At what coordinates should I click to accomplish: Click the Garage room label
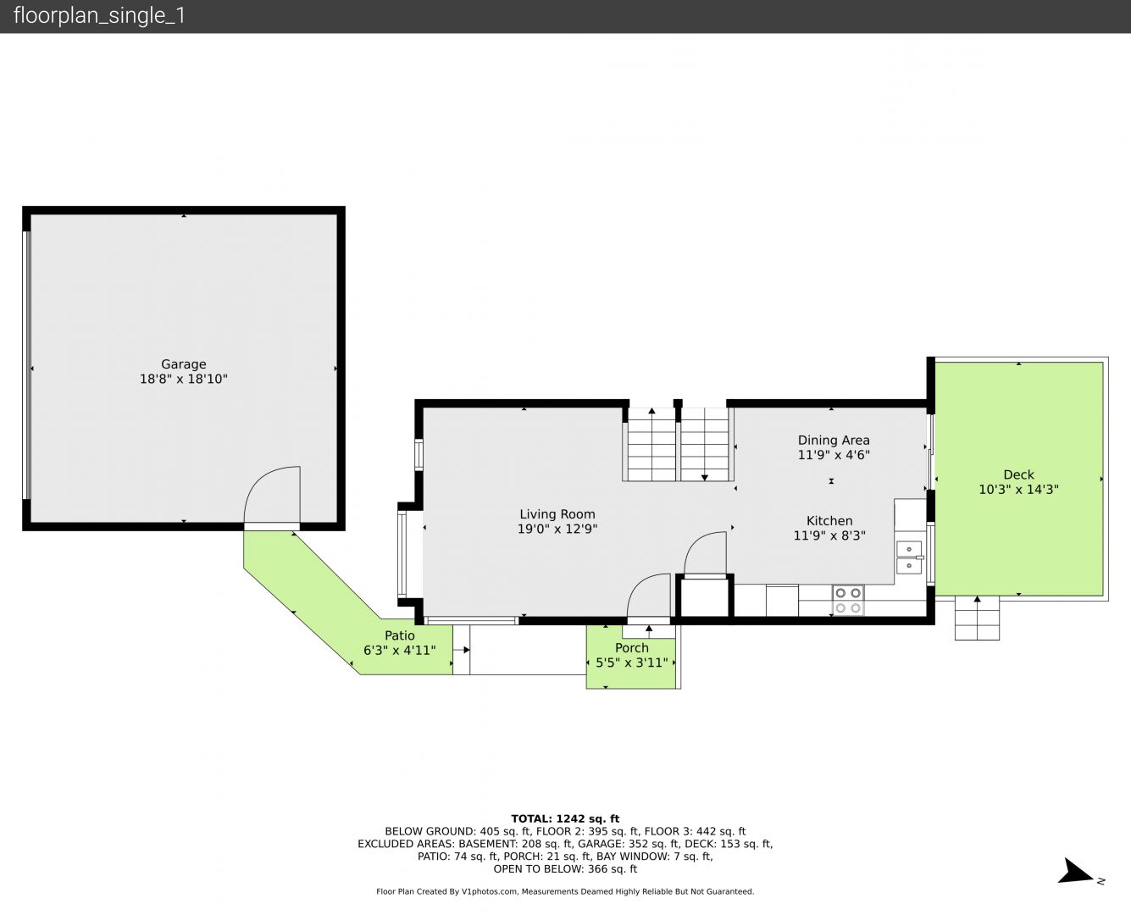point(183,364)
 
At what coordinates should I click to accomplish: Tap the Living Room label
point(557,514)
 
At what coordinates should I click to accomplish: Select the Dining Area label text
point(834,441)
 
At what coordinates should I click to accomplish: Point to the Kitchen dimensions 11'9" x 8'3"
point(829,535)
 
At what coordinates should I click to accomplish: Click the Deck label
point(1018,474)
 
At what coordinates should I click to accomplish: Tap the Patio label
point(399,635)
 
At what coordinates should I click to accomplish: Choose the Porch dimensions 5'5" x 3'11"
point(631,663)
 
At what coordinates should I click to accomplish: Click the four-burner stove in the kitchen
point(847,600)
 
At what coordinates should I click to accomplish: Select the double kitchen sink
point(910,557)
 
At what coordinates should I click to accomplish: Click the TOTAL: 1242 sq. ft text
point(565,819)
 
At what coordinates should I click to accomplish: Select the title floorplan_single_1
point(99,16)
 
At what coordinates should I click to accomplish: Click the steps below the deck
point(977,618)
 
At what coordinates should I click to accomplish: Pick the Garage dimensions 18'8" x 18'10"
point(183,380)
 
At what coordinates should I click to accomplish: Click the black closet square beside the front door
point(705,596)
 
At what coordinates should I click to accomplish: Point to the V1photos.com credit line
point(565,891)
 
